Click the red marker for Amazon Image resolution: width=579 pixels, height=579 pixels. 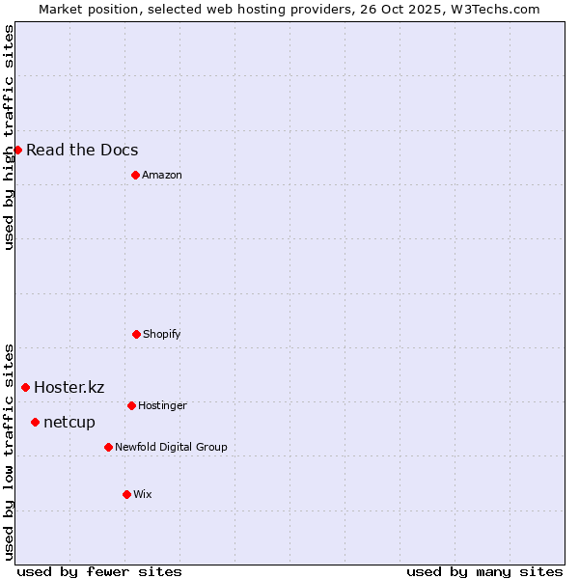coord(135,175)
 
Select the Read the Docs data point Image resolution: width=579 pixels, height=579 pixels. coord(17,150)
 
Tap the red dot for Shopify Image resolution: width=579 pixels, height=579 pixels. coord(136,334)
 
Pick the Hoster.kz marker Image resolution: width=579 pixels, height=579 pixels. coord(25,387)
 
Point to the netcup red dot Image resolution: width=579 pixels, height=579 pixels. coord(35,422)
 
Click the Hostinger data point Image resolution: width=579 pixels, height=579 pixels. coord(131,405)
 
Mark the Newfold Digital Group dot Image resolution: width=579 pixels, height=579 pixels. coord(108,447)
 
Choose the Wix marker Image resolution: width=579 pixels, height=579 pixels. coord(126,494)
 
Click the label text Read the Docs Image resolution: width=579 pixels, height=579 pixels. coord(82,150)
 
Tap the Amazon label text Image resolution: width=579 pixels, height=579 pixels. coord(162,175)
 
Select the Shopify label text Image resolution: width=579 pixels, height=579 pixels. coord(162,334)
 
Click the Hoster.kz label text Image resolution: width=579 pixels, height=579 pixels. coord(69,387)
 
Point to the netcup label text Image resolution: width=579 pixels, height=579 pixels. coord(69,422)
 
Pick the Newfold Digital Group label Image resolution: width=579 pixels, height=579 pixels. coord(171,447)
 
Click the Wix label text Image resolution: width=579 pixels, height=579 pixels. coord(143,494)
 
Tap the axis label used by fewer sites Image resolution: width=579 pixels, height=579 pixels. coord(99,571)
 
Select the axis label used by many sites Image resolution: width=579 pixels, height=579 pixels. coord(484,571)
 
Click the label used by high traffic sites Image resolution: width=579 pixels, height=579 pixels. coord(9,137)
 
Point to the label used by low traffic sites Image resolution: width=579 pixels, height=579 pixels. coord(9,451)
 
